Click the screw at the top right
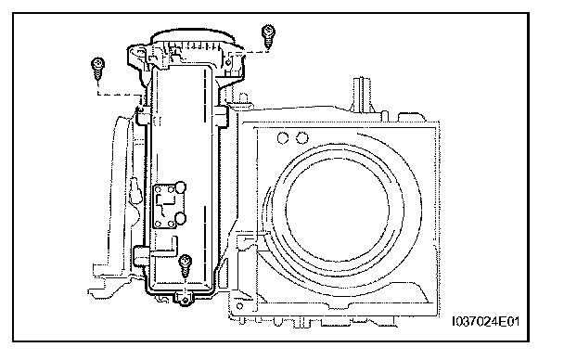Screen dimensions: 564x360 [268, 36]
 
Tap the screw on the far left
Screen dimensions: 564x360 [97, 69]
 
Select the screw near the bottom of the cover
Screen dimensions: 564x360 [186, 266]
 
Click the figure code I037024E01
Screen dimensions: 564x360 [485, 321]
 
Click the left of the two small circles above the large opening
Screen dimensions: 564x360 [283, 138]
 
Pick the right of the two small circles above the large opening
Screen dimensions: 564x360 [301, 137]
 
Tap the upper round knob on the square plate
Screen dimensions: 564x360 [180, 187]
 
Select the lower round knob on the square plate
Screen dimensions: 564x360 [180, 218]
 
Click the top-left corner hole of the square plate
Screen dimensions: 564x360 [158, 188]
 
